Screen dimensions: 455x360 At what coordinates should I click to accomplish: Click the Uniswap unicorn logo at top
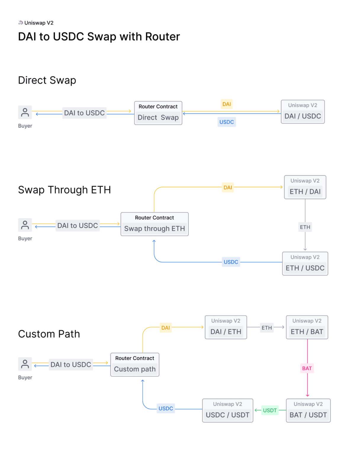pos(20,23)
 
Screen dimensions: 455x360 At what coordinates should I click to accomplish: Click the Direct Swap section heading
pos(47,80)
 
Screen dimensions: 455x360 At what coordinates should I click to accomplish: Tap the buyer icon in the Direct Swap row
pos(25,113)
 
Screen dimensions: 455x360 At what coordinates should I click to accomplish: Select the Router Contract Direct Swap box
pos(158,113)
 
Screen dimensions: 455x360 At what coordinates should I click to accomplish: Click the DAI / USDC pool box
pos(303,112)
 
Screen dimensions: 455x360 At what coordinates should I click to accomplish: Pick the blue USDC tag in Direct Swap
pos(226,122)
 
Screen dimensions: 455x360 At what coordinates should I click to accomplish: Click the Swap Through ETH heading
pos(64,190)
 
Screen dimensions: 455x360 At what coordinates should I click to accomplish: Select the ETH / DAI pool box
pos(305,187)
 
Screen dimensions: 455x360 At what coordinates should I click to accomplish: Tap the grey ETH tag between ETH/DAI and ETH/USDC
pos(305,227)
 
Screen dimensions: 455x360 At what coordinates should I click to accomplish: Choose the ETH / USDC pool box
pos(305,264)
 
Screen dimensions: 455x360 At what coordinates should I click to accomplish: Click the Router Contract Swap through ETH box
pos(155,224)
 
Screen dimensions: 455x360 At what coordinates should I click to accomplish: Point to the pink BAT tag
pos(307,369)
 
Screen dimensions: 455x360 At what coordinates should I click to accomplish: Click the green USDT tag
pos(270,411)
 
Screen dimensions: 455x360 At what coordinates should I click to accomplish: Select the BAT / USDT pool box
pos(308,411)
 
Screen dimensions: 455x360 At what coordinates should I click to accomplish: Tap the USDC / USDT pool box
pos(227,411)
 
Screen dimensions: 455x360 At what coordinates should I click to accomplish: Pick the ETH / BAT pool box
pos(307,327)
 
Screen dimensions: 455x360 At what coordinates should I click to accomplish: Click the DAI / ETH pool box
pos(226,327)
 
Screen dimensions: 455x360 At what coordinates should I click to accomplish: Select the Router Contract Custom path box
pos(135,365)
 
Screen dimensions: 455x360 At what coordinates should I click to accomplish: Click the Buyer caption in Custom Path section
pos(25,378)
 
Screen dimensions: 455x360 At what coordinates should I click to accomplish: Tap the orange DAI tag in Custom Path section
pos(165,328)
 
